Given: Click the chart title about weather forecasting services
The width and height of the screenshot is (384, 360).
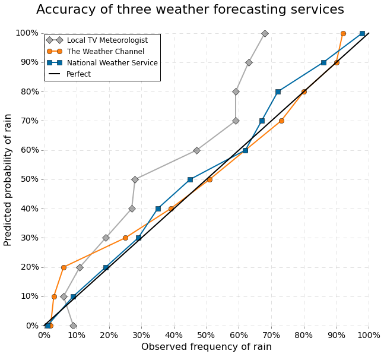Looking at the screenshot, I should pos(190,10).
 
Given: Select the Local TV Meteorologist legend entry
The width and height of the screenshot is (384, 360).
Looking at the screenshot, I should pos(107,40).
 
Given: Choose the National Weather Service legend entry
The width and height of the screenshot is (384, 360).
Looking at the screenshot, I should pos(112,63).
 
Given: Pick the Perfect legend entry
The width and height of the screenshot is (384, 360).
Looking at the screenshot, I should pos(78,74).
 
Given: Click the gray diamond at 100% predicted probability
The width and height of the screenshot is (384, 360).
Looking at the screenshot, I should pos(265,34).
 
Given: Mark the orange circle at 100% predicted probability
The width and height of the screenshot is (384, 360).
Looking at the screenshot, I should pos(343,34).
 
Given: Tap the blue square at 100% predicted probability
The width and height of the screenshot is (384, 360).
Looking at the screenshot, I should pos(362,34).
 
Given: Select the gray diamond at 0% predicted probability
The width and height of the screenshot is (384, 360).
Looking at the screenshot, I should pos(73,326).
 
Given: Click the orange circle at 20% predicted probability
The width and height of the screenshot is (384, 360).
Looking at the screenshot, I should pos(64,267).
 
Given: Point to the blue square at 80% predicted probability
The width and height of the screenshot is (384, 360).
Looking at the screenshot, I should pos(278,92).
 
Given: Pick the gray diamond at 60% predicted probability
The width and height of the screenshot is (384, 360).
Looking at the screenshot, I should pos(196,150).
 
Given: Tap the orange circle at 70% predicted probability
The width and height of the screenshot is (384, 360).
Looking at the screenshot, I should pos(281,121).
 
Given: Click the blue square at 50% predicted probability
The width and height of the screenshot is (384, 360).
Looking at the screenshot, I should pos(190,179).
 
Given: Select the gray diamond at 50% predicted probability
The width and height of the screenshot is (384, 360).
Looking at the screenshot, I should pos(135,179).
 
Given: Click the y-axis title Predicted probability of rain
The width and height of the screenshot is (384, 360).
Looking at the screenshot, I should pos(8,179).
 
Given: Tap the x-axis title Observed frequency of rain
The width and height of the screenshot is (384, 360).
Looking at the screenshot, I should pos(206,347).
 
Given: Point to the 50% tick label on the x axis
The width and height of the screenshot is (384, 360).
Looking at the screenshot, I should pos(207,335).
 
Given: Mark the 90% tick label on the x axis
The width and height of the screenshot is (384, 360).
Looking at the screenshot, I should pos(337,335).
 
